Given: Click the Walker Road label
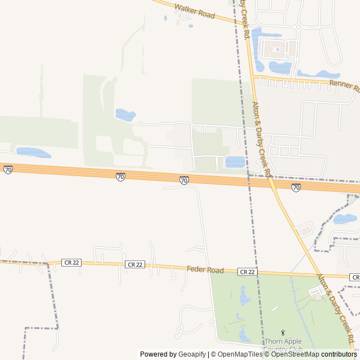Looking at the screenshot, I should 195,12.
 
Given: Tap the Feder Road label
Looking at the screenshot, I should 205,270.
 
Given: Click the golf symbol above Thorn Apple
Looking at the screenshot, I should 282,333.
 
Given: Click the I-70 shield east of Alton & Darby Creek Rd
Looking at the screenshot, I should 296,187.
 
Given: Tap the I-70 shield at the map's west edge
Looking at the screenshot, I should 8,169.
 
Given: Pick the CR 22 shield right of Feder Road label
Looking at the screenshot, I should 247,272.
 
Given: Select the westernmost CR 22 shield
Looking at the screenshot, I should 71,263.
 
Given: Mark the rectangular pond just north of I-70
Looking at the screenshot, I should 235,162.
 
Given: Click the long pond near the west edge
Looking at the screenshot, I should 33,152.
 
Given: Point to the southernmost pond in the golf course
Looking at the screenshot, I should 245,335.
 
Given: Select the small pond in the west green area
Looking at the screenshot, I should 125,115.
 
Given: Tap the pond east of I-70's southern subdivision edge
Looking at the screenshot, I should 345,219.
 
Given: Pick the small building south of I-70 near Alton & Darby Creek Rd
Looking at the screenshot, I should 305,229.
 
